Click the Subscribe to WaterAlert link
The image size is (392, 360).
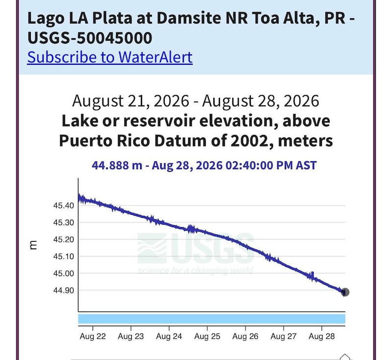point(110,57)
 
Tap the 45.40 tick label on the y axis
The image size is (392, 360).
point(64,206)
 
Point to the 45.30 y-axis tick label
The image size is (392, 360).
point(64,222)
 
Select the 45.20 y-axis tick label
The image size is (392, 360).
point(64,239)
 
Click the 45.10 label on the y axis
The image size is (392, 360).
point(64,257)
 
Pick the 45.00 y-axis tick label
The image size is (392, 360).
point(64,274)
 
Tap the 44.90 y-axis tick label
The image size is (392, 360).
point(64,290)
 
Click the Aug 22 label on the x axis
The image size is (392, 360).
point(93,336)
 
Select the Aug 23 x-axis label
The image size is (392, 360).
point(131,336)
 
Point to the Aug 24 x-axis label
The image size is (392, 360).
point(169,336)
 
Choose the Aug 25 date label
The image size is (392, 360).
point(207,336)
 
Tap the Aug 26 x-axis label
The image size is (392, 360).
point(245,336)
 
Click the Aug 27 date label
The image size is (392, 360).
point(284,336)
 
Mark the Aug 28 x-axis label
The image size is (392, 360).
point(322,336)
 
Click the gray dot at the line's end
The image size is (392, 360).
point(345,292)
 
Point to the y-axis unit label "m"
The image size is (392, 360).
point(33,245)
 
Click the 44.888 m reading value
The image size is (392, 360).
point(117,165)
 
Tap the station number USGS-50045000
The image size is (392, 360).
point(90,38)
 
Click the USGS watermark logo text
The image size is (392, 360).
point(213,249)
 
